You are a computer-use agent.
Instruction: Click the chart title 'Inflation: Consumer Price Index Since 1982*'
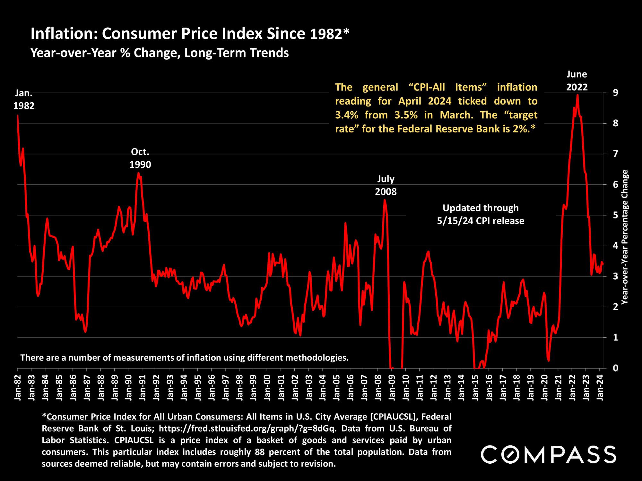190,34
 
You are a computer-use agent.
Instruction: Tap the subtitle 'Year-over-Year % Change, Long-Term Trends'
159,53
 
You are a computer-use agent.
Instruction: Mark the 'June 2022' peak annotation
577,81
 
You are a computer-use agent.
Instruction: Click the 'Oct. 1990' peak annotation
140,158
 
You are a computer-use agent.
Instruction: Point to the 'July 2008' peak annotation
386,185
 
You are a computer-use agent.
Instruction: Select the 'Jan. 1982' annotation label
24,99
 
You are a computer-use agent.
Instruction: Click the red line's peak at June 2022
577,95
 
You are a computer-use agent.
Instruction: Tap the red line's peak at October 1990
138,173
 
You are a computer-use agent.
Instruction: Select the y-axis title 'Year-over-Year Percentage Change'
624,237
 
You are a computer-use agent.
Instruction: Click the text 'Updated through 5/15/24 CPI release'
481,214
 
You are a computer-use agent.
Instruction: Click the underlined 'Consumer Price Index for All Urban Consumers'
144,417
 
